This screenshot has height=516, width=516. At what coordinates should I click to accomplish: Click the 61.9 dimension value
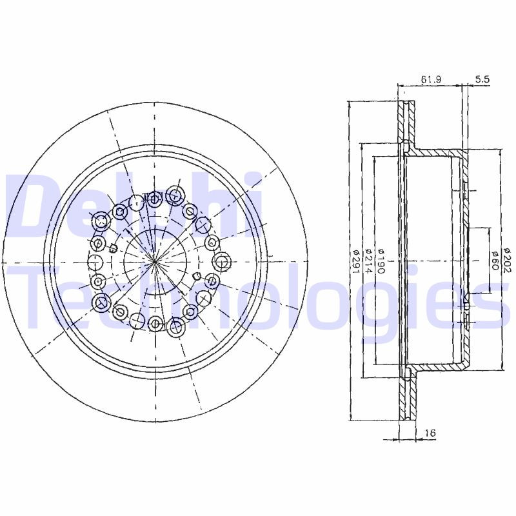pyautogui.click(x=430, y=79)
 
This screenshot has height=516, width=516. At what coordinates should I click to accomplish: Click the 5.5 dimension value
pyautogui.click(x=482, y=79)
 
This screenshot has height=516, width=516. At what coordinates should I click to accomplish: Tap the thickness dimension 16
pyautogui.click(x=430, y=433)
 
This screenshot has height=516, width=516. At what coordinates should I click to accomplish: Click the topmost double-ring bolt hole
pyautogui.click(x=174, y=194)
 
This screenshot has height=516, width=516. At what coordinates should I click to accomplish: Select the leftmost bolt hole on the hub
pyautogui.click(x=95, y=261)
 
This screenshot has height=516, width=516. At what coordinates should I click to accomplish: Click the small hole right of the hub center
pyautogui.click(x=196, y=276)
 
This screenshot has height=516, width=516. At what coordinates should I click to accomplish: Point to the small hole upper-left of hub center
pyautogui.click(x=113, y=248)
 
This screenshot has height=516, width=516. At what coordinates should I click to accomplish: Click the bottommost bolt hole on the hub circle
pyautogui.click(x=155, y=322)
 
